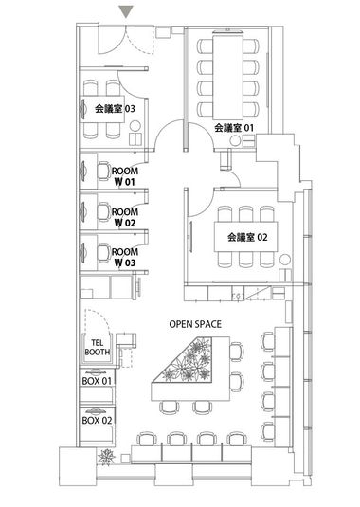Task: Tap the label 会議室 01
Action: [x=234, y=127]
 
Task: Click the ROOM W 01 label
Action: [x=125, y=175]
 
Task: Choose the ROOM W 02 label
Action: [x=125, y=218]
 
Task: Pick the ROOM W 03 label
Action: [x=125, y=257]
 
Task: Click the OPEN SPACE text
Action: [x=195, y=324]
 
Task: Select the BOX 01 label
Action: [x=97, y=381]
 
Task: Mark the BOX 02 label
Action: [x=97, y=419]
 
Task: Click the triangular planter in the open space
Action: [x=194, y=362]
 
